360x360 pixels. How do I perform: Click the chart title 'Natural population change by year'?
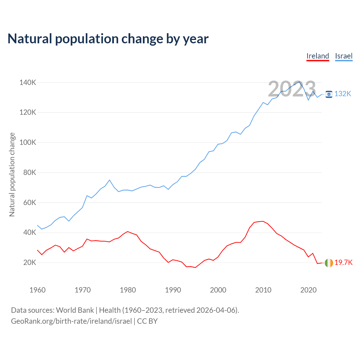(x=108, y=39)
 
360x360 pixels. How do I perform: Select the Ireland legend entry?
(x=318, y=56)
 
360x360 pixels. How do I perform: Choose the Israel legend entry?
(x=344, y=56)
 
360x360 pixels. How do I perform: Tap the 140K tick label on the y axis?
(x=28, y=83)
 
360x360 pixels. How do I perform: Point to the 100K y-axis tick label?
(x=28, y=143)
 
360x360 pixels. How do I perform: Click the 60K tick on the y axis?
(x=30, y=202)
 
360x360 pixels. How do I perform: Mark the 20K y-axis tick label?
(x=30, y=263)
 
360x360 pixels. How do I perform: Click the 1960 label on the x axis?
(x=37, y=290)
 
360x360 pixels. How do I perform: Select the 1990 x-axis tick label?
(x=173, y=290)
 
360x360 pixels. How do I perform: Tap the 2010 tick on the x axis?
(x=263, y=290)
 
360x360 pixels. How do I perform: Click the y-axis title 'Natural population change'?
(x=12, y=174)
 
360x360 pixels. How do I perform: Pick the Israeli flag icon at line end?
(x=329, y=94)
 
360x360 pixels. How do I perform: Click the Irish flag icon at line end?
(x=329, y=263)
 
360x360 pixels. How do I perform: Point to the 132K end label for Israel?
(x=343, y=94)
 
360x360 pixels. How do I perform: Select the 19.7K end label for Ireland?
(x=343, y=263)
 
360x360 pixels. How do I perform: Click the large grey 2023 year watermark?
(x=292, y=89)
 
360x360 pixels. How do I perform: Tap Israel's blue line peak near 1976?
(x=109, y=180)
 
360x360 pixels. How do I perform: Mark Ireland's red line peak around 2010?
(x=263, y=221)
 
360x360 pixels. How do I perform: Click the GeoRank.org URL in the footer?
(x=71, y=321)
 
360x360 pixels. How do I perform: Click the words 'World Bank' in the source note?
(x=75, y=310)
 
